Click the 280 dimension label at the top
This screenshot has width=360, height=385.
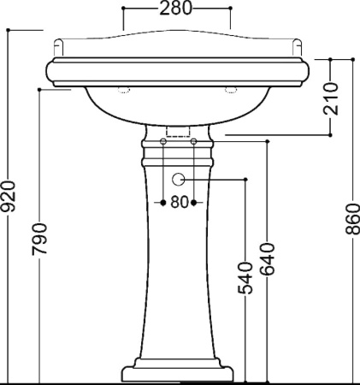click(175, 8)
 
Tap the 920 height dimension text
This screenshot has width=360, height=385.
click(8, 197)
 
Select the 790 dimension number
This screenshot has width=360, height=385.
click(39, 239)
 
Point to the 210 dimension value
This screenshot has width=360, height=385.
click(331, 98)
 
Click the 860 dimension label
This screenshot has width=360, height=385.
click(353, 219)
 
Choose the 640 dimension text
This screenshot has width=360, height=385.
click(268, 259)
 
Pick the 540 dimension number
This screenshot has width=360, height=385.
click(245, 278)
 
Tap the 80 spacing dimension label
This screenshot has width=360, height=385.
click(180, 203)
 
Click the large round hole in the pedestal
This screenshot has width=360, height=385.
click(178, 180)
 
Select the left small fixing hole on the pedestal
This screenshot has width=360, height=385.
click(163, 141)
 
